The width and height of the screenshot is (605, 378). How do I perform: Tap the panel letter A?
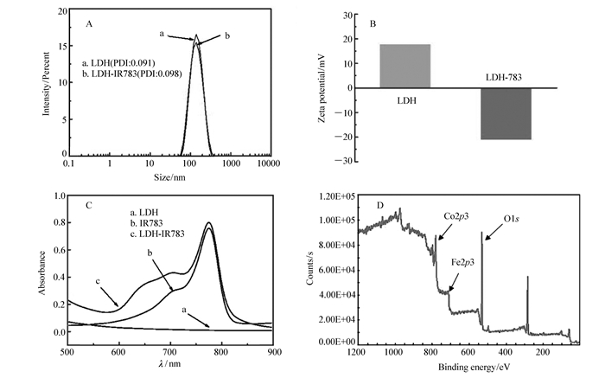pos(89,24)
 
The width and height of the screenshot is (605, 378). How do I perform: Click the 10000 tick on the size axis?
pos(270,163)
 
